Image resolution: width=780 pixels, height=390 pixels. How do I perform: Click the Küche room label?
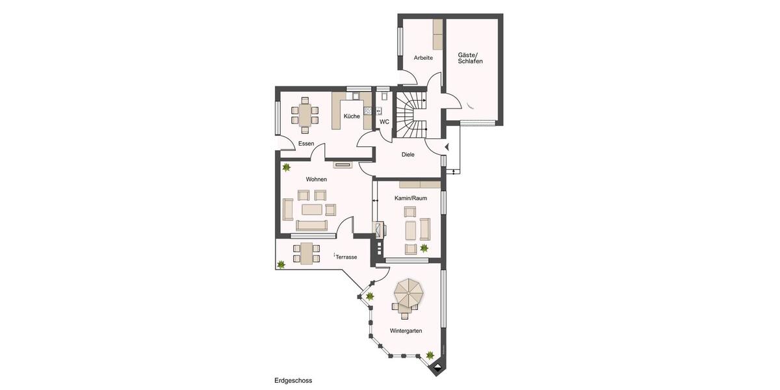352,116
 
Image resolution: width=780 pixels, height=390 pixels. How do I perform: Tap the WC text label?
384,122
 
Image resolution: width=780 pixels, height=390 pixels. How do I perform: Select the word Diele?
408,155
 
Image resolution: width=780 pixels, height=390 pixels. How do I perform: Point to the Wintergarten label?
406,331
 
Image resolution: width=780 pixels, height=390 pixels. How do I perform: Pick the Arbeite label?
423,58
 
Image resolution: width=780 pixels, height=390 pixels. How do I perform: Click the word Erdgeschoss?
294,380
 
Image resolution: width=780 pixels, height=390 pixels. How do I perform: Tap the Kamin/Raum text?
410,198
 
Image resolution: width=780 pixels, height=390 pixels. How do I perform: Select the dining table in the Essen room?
305,115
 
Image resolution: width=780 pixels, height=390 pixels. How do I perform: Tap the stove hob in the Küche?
367,110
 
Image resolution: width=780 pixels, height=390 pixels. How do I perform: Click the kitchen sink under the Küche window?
354,97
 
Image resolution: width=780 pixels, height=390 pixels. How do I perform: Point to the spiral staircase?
411,114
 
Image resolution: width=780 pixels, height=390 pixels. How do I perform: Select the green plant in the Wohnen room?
286,168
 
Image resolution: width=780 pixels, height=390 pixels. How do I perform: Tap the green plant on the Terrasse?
281,264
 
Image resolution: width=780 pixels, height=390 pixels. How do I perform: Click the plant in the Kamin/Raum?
424,248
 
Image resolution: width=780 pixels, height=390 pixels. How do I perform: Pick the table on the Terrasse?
305,252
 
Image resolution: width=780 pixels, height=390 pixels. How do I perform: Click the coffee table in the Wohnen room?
311,209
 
